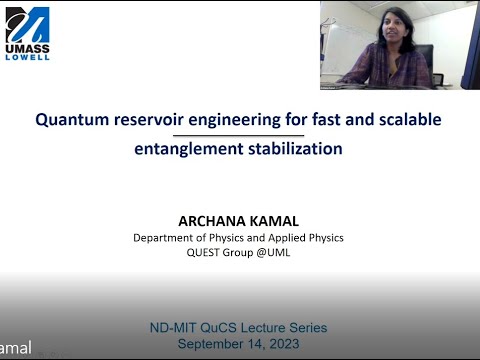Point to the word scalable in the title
click(406, 120)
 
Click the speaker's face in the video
click(386, 30)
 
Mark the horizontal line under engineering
click(238, 134)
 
